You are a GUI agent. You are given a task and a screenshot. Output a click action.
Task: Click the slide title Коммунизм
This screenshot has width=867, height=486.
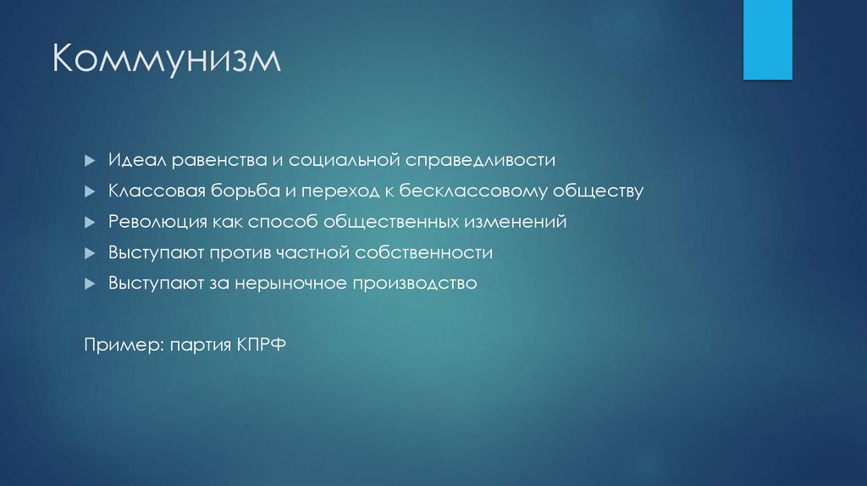tap(167, 62)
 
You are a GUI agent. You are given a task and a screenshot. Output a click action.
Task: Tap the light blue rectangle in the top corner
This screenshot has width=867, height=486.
tap(767, 39)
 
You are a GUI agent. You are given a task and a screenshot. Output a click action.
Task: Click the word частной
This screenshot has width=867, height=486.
tap(313, 252)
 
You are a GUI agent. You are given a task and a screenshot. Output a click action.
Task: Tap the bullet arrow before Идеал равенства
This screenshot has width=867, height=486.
tap(90, 161)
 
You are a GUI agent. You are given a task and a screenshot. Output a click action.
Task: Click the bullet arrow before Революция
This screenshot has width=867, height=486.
tap(90, 222)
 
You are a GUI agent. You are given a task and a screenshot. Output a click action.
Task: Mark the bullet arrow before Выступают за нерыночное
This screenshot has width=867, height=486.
tap(90, 283)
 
